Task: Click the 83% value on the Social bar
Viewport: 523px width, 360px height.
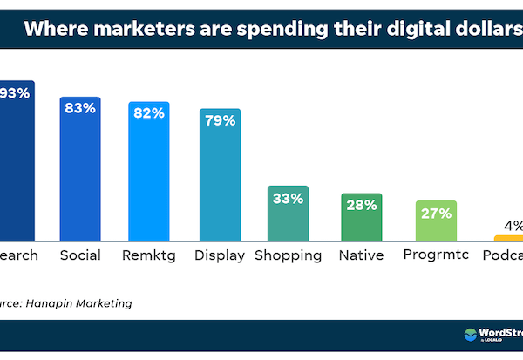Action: [x=81, y=109]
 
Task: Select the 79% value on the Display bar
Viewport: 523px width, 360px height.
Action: [x=220, y=120]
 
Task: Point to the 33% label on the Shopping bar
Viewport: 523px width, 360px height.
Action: [x=288, y=199]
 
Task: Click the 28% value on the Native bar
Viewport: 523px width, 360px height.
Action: [x=359, y=205]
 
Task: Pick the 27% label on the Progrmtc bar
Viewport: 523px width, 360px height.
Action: [x=434, y=213]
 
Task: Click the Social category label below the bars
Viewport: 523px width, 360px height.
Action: [x=80, y=255]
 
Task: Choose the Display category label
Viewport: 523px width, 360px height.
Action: [x=220, y=255]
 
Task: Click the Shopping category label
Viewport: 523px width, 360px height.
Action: [x=289, y=255]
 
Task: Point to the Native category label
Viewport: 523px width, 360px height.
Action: [x=360, y=255]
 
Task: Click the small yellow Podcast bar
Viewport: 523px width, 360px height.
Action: [x=508, y=237]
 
